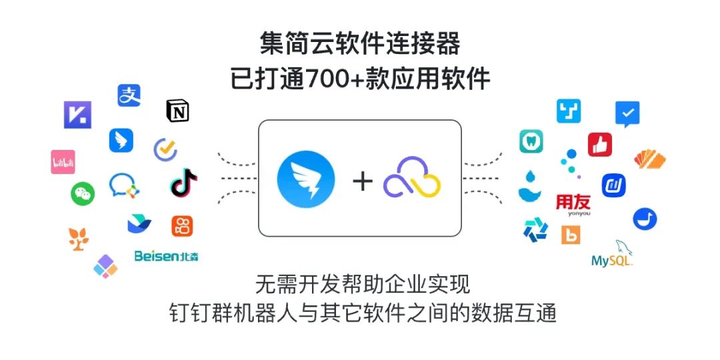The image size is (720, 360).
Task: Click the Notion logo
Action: tap(177, 111)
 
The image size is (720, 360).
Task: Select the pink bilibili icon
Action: tap(63, 162)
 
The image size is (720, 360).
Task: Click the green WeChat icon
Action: tap(83, 193)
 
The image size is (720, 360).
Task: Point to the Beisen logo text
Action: tap(166, 255)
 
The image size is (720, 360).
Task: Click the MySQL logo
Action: tap(613, 255)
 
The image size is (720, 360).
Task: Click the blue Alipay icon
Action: tap(129, 95)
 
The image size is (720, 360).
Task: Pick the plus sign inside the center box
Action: tap(363, 181)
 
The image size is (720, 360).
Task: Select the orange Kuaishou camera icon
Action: tap(182, 225)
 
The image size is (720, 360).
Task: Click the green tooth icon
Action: tap(531, 141)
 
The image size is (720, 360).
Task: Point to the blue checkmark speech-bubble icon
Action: tap(627, 114)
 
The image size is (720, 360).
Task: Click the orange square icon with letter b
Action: tap(571, 234)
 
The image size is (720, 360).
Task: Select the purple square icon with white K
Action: tap(77, 115)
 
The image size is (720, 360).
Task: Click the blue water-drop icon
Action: tap(529, 187)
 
